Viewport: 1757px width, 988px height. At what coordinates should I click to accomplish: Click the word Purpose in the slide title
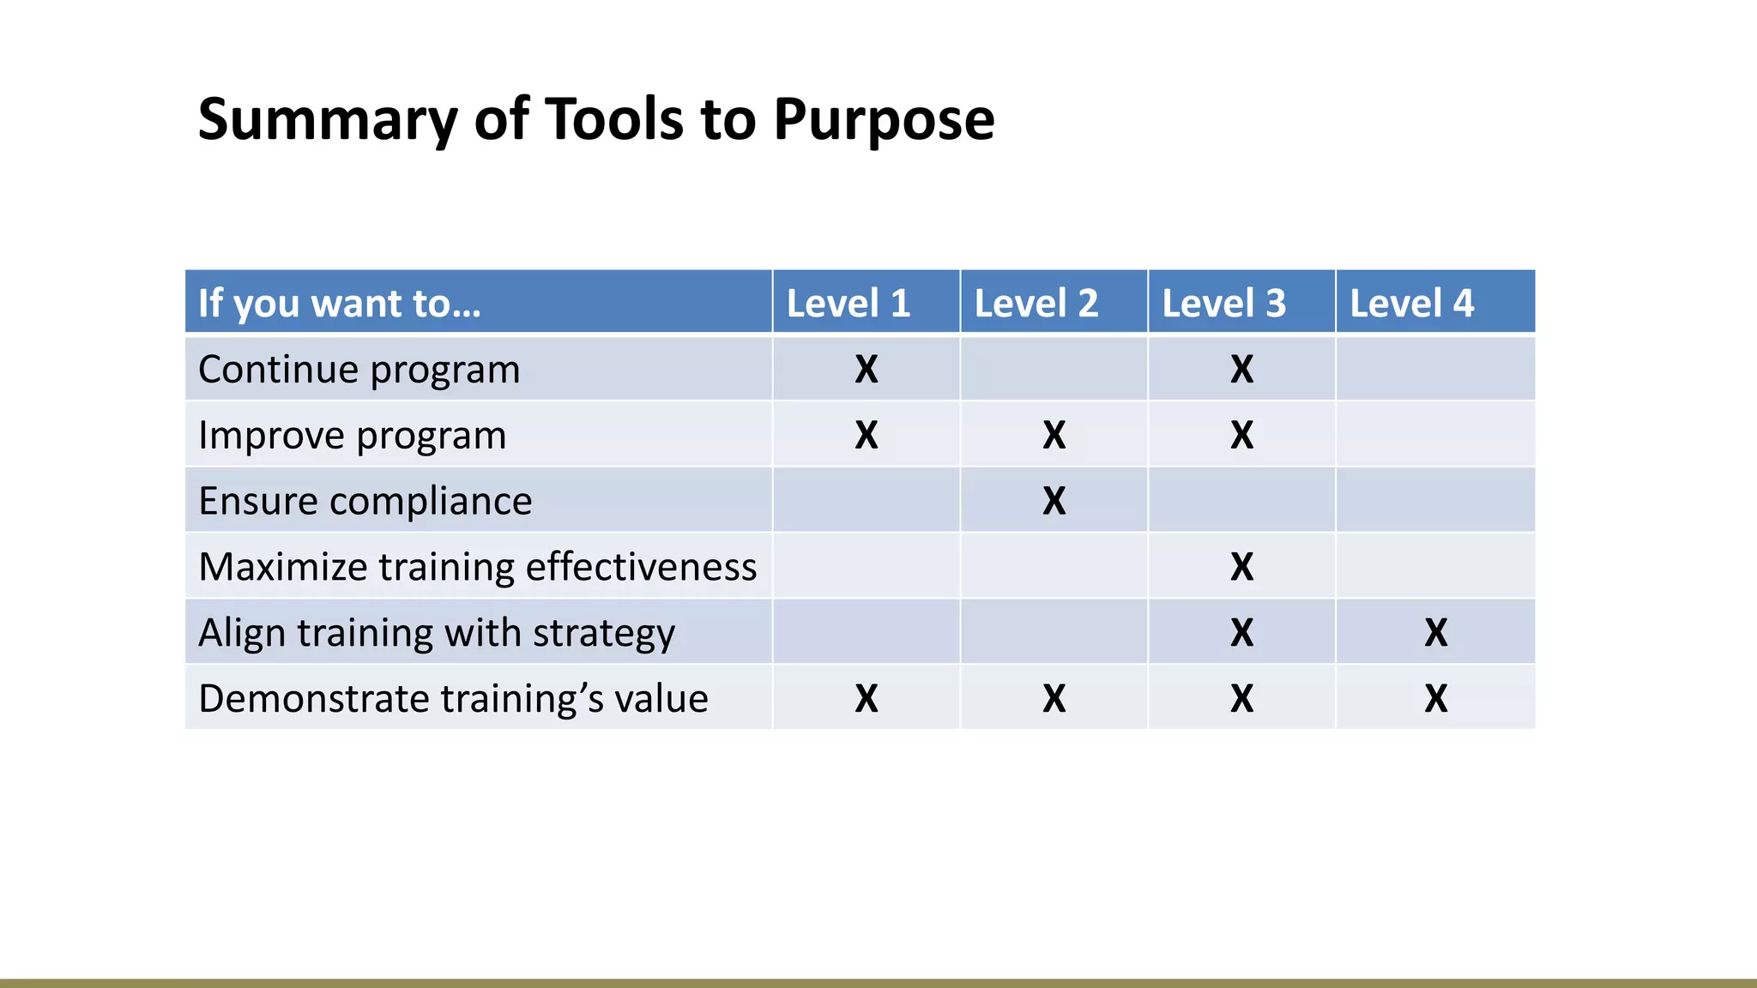[883, 119]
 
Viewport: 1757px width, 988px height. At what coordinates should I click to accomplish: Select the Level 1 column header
[848, 304]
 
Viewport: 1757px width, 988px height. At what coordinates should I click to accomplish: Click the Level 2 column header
[1035, 304]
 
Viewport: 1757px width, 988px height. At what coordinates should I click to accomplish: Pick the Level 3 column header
[1223, 304]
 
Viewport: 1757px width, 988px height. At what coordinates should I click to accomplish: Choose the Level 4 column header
[1411, 304]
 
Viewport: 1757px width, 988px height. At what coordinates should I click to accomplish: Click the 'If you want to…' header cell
[340, 304]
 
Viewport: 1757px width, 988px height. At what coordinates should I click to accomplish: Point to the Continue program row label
[359, 370]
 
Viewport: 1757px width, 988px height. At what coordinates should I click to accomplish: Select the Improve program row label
[352, 436]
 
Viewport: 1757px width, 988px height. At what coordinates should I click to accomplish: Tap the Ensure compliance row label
[365, 501]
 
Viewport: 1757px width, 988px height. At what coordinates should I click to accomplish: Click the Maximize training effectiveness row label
[477, 567]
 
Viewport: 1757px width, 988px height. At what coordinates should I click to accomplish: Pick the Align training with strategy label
[436, 633]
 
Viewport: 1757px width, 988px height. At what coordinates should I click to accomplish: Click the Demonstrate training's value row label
[453, 699]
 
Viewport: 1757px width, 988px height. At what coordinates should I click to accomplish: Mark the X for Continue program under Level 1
[866, 370]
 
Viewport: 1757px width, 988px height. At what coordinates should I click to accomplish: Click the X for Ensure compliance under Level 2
[1054, 501]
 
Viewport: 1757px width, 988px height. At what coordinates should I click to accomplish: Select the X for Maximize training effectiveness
[1241, 567]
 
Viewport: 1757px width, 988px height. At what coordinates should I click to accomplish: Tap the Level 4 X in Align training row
[1435, 633]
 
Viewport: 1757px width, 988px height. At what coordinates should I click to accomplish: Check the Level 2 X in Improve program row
[1054, 436]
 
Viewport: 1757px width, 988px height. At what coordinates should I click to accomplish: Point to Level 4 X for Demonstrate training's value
[1435, 699]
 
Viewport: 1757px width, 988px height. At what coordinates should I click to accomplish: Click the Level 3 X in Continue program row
[1241, 370]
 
